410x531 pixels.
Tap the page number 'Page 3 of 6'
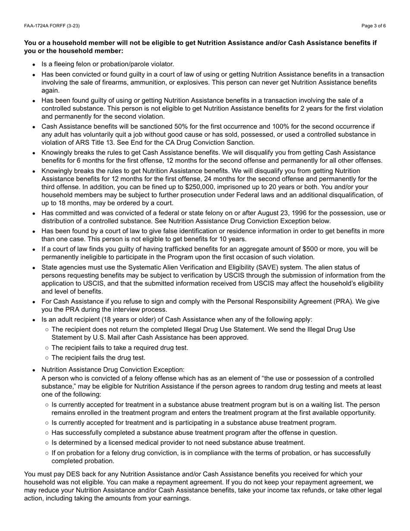point(374,26)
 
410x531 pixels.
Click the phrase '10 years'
point(232,239)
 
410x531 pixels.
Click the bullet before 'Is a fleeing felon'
point(34,64)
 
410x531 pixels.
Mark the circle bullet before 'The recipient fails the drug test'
point(47,358)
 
